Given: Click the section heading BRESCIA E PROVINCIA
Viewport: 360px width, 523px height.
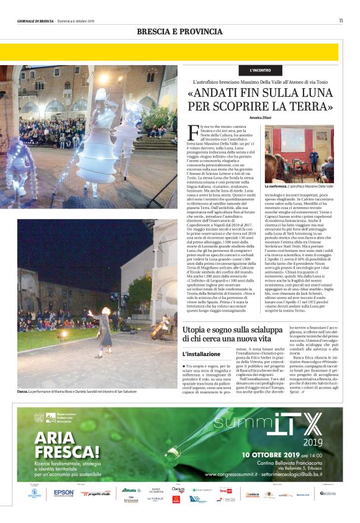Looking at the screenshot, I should tap(179, 32).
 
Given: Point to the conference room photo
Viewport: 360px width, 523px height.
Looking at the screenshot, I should tap(299, 154).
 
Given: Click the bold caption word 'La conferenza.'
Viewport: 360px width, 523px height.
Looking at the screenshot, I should tap(276, 186).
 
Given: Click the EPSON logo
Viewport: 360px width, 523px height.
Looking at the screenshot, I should tap(63, 493).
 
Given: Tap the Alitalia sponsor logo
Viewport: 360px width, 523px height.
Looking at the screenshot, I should tap(130, 490).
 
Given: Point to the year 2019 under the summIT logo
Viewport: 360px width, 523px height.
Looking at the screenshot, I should tap(313, 442).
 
